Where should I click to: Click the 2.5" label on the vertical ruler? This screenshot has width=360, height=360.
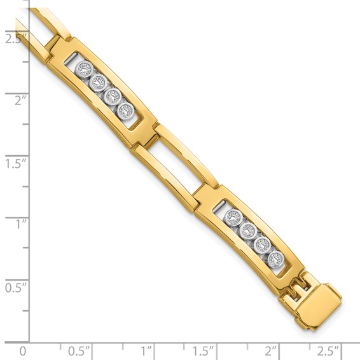14,38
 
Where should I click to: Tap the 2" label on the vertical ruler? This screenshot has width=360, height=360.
14,100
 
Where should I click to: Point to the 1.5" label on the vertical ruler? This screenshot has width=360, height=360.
14,163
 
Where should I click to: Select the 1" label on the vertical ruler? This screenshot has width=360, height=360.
14,224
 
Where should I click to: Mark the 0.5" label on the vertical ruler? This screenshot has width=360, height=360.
14,287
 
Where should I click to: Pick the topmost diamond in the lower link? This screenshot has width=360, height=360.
235,217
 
